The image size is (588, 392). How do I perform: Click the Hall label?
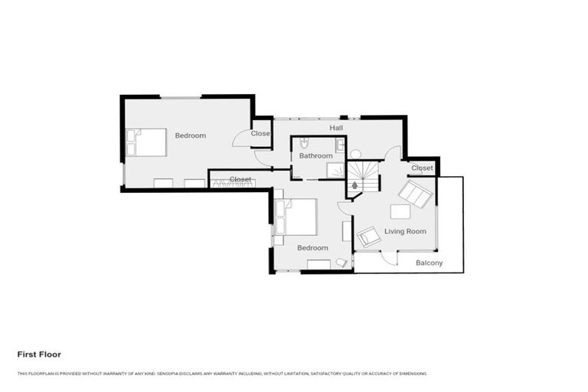tap(336, 128)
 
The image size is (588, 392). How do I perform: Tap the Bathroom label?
tap(315, 155)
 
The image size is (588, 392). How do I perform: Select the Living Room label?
tap(405, 231)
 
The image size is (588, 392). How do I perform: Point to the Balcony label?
tap(429, 263)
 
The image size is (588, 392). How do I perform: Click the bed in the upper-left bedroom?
tap(147, 142)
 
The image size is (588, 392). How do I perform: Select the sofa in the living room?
tap(416, 194)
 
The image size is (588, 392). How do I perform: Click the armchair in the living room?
tap(368, 237)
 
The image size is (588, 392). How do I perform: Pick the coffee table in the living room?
tap(400, 211)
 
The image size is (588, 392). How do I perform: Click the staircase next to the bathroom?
tap(363, 177)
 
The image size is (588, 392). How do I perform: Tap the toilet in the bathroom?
tap(305, 143)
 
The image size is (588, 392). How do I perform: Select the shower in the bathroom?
tap(336, 170)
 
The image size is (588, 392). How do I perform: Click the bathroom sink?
tap(340, 144)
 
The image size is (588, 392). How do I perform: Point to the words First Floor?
tap(39, 354)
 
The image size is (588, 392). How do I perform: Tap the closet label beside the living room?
tap(422, 168)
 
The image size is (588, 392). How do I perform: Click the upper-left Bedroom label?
tap(190, 136)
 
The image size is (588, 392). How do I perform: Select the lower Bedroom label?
tap(312, 248)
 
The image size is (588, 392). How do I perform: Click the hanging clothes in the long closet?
tap(227, 183)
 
